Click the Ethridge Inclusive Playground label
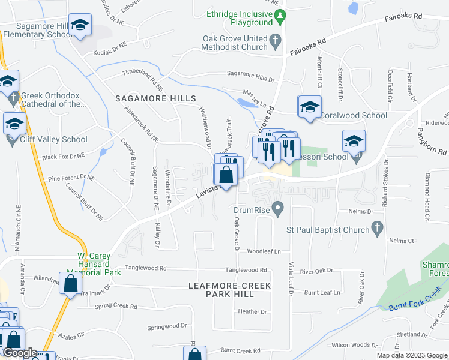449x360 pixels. click(239, 18)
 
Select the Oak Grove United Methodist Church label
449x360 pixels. click(235, 43)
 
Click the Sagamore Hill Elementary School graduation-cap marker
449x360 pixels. click(79, 25)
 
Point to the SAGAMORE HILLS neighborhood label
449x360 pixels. click(155, 98)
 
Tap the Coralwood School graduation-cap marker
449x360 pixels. click(309, 107)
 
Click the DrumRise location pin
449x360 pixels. click(277, 209)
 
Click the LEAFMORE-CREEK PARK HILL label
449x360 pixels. click(231, 290)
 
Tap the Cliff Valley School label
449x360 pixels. click(54, 140)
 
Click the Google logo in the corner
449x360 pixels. click(19, 353)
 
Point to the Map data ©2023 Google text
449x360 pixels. click(412, 355)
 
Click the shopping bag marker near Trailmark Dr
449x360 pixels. click(70, 283)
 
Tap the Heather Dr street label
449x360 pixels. click(252, 311)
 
